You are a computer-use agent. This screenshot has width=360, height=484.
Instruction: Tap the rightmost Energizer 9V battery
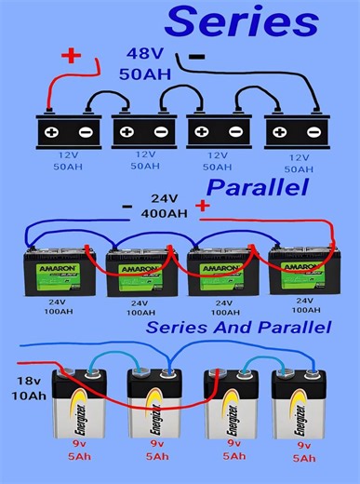(299, 410)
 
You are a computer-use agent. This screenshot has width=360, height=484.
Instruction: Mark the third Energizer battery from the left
(228, 410)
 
